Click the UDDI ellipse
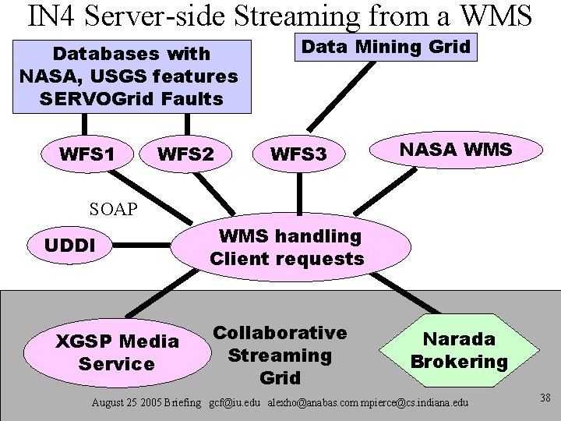pyautogui.click(x=70, y=245)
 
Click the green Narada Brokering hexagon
pyautogui.click(x=459, y=350)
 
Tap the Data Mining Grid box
pyautogui.click(x=386, y=47)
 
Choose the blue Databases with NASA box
pyautogui.click(x=129, y=76)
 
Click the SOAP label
pyautogui.click(x=113, y=209)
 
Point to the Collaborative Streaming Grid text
pyautogui.click(x=280, y=355)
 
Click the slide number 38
pyautogui.click(x=545, y=398)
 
